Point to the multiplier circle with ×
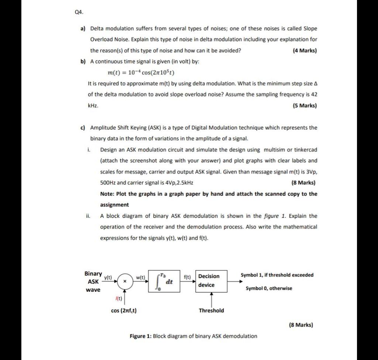[125, 281]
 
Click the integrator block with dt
[164, 281]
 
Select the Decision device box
[211, 281]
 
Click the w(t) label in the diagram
[141, 277]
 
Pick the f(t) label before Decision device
[187, 277]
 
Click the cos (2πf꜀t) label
[124, 311]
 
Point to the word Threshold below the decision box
[211, 311]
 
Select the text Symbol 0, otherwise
[269, 288]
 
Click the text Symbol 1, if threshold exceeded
[277, 275]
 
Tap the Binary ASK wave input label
[93, 281]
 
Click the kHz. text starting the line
[93, 106]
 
